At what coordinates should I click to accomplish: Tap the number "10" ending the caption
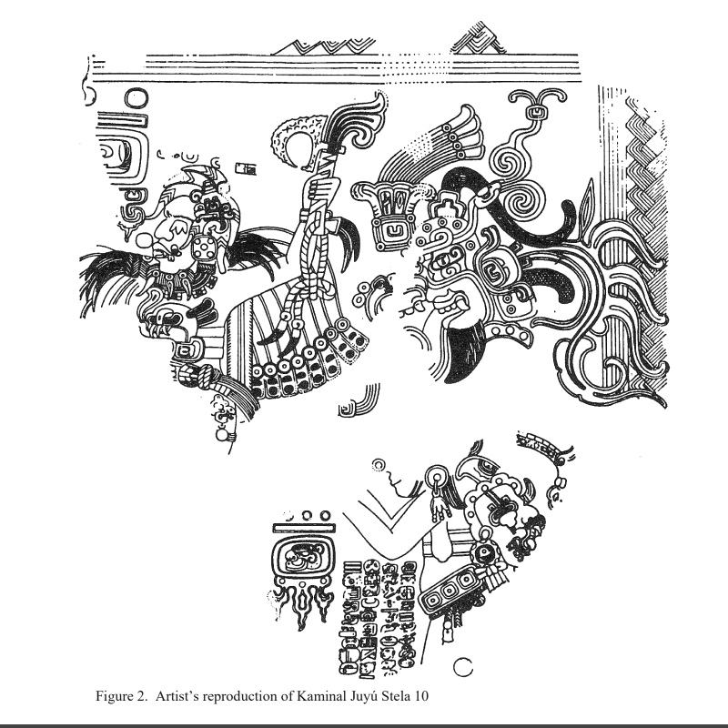[421, 696]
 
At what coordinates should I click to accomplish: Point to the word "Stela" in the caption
[397, 696]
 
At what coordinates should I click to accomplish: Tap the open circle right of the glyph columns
[463, 668]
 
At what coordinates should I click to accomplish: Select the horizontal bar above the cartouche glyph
[304, 528]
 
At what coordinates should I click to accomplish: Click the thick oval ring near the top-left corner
[136, 98]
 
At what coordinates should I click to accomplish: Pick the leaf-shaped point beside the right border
[587, 199]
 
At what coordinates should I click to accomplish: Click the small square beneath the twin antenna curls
[536, 113]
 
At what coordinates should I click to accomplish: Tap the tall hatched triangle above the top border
[480, 37]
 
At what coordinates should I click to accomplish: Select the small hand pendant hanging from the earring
[438, 509]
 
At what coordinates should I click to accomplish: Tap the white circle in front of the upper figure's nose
[145, 241]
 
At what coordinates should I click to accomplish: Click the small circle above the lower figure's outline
[379, 465]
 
